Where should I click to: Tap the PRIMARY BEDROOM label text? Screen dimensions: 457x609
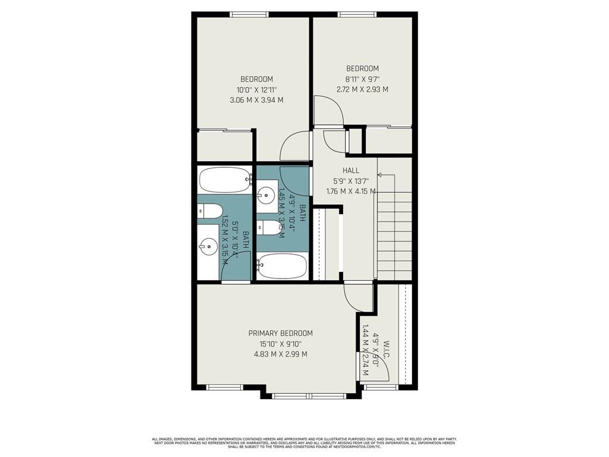pos(280,333)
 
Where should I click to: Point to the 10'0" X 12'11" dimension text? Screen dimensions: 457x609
pos(256,90)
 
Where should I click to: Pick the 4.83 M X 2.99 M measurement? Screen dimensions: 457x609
pos(280,354)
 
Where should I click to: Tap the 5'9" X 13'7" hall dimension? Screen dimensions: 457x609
pos(351,181)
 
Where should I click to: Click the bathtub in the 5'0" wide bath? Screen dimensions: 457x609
pos(224,180)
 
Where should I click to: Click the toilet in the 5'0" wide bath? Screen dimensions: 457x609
pos(210,209)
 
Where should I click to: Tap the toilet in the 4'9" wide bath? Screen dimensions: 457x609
pos(268,227)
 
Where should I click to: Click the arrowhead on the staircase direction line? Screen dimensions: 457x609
pos(379,175)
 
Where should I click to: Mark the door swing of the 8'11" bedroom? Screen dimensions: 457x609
pos(329,112)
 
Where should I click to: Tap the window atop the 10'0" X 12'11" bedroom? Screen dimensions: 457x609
pos(247,15)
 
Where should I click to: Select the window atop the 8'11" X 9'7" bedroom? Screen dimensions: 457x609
pos(357,15)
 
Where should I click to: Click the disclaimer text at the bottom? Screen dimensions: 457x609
pos(304,443)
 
